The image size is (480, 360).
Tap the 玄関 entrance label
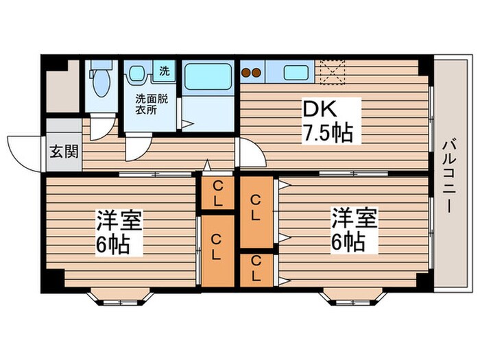pyautogui.click(x=62, y=151)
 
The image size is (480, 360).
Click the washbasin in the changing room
pyautogui.click(x=135, y=73)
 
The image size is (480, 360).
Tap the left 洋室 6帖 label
pyautogui.click(x=119, y=232)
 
